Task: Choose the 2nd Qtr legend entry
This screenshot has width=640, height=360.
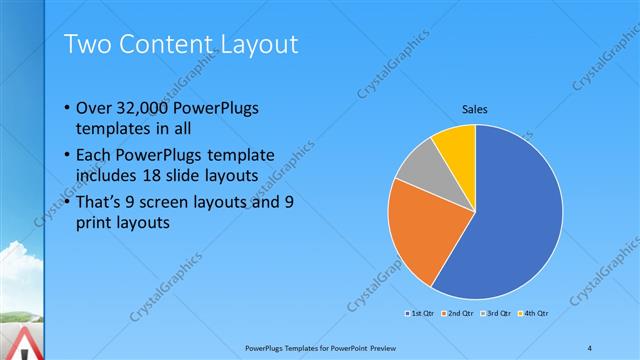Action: [x=459, y=314]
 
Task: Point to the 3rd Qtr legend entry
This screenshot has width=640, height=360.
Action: [x=497, y=314]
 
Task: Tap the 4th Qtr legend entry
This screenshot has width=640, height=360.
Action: [x=535, y=314]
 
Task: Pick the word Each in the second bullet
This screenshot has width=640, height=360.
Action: [x=95, y=156]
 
